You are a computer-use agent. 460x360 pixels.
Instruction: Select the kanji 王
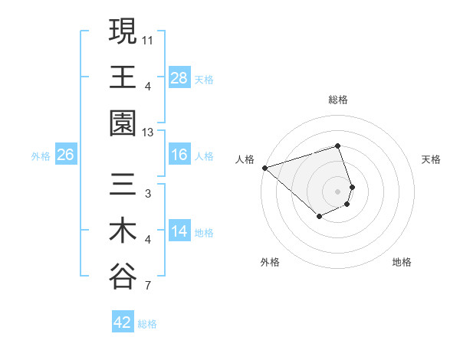click(123, 77)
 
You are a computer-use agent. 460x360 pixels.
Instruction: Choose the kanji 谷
click(123, 276)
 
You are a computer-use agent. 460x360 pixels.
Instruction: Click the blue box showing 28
click(179, 78)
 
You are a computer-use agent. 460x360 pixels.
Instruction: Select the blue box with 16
click(179, 155)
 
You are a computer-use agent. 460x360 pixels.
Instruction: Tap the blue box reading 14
click(179, 232)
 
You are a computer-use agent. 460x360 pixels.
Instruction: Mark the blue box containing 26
click(65, 155)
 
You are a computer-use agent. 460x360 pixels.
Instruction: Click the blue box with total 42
click(123, 322)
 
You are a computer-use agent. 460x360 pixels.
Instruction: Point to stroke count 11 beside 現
click(147, 38)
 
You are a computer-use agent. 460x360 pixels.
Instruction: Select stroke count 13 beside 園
click(147, 132)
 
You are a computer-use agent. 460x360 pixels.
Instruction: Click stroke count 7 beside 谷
click(147, 287)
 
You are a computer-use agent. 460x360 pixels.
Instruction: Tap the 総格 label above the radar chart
click(337, 100)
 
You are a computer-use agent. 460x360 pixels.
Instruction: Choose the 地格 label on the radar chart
click(402, 262)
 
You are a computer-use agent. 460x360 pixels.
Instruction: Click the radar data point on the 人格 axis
click(264, 167)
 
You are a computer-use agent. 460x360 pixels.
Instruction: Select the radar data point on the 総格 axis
click(337, 146)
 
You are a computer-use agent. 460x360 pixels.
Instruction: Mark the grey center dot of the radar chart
click(337, 190)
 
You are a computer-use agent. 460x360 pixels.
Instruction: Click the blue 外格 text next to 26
click(41, 156)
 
